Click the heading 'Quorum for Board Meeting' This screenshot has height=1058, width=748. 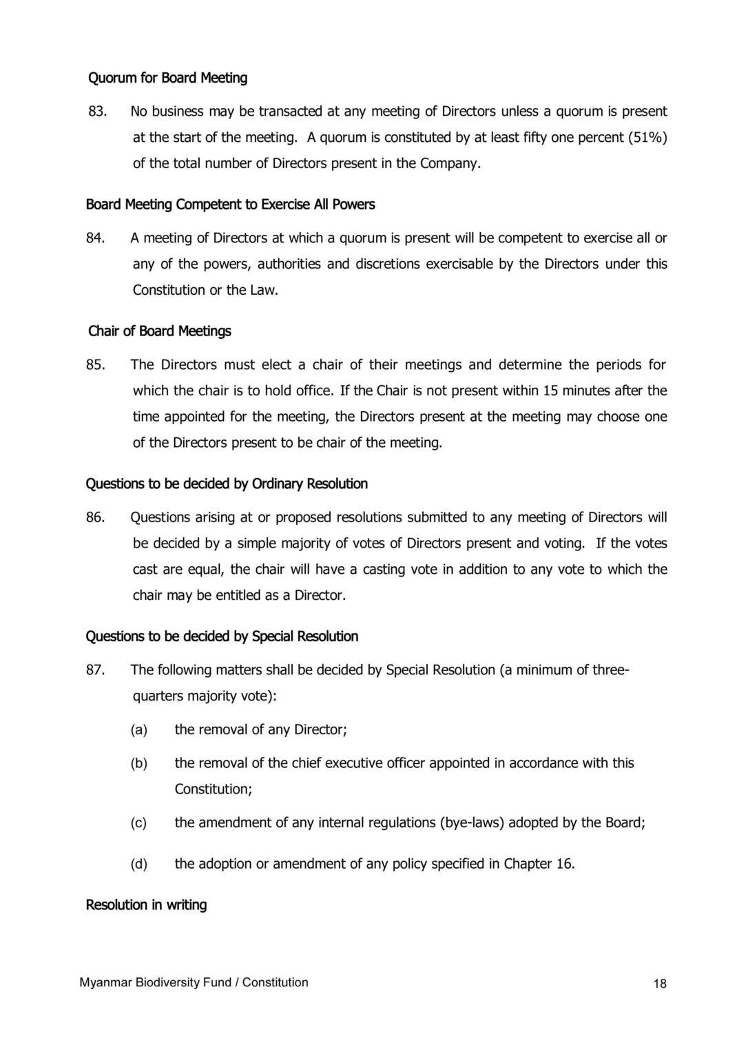coord(167,78)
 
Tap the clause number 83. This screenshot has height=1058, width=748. coord(96,111)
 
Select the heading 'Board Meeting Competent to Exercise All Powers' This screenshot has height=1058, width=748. coord(230,205)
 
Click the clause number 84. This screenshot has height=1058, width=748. coord(95,238)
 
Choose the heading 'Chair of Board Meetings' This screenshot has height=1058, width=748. coord(160,331)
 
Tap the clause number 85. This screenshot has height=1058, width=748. coord(95,364)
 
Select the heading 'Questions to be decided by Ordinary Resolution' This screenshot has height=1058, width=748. coord(227,484)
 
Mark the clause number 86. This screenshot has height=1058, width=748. coord(95,517)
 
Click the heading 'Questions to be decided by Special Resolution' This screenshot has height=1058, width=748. coord(222,636)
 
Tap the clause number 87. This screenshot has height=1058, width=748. coord(95,670)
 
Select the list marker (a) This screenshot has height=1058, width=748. coord(139,729)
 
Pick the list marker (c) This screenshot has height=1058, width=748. coord(139,822)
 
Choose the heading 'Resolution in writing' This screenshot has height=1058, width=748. coord(146,904)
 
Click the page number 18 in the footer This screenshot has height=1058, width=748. coord(659,984)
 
